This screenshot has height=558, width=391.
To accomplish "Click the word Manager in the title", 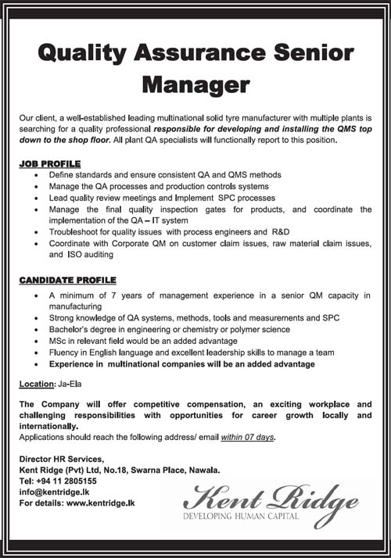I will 195,84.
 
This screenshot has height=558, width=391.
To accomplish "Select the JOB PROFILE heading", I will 49,164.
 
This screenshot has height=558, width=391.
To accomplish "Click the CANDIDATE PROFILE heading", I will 68,280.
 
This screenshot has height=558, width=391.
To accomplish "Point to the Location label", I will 38,385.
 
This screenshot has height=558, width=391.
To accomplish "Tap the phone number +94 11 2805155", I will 70,481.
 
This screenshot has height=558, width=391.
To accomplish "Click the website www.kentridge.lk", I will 101,503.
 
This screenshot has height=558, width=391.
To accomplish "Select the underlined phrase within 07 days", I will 249,437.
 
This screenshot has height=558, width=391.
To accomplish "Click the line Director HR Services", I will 61,459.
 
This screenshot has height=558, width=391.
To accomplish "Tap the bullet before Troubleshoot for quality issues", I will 38,232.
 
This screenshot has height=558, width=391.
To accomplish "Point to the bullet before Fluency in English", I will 38,353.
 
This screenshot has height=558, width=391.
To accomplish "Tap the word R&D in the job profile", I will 279,232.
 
